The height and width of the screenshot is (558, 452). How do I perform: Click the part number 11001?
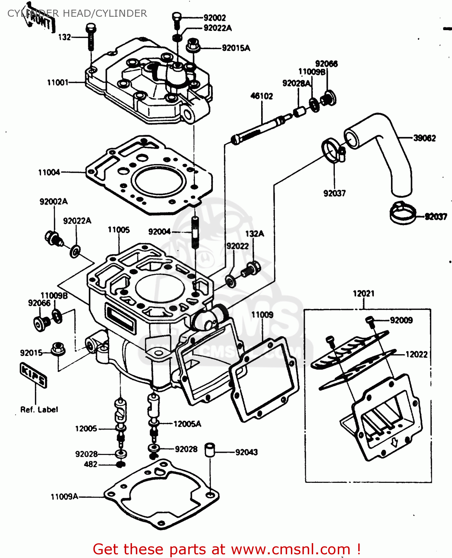tap(58, 83)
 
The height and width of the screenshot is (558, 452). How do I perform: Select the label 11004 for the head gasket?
tap(49, 173)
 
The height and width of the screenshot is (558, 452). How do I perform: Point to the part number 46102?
tap(262, 96)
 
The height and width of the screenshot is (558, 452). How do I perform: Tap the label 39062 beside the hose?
tap(424, 138)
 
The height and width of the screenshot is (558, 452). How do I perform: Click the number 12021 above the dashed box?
tap(363, 294)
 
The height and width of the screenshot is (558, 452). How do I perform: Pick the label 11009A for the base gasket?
tap(64, 497)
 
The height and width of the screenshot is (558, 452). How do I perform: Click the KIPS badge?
tap(33, 375)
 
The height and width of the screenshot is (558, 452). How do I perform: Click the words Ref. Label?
tap(39, 410)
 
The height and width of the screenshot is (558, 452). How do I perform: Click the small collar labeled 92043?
tap(210, 449)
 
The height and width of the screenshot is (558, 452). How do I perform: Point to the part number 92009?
tap(401, 320)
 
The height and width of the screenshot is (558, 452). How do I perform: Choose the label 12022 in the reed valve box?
tap(416, 355)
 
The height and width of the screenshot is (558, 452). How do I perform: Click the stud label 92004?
tap(159, 232)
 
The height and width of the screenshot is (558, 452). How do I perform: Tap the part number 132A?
tap(254, 234)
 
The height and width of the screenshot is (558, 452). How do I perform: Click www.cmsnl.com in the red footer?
tap(291, 549)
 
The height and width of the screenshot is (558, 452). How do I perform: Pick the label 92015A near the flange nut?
tap(236, 48)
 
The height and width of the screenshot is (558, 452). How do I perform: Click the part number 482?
tap(90, 464)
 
